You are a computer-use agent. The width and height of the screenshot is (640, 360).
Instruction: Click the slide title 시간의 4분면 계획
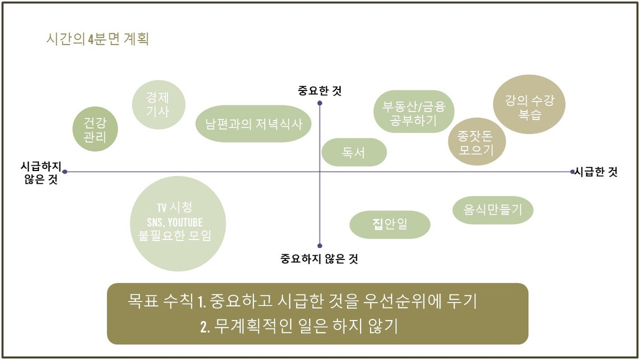(98, 39)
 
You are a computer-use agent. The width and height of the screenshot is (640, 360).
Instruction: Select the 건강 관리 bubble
(95, 129)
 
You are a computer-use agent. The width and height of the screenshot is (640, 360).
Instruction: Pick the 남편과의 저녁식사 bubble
(254, 124)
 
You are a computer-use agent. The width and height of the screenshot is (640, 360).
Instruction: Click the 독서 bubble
(354, 153)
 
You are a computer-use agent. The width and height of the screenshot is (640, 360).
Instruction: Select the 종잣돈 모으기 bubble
(476, 142)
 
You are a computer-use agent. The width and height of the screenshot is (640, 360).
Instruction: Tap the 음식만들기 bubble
(493, 210)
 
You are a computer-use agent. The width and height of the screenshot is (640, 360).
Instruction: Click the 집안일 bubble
(390, 225)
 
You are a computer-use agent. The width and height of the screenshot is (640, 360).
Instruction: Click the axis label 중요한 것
(320, 91)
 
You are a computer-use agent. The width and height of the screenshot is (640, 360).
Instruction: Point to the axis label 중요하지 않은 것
(319, 258)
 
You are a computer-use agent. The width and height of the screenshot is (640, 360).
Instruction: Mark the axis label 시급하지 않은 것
(41, 172)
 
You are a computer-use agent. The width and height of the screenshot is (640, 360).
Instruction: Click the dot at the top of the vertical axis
(320, 103)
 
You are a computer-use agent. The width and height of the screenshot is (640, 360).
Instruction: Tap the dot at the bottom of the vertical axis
(320, 245)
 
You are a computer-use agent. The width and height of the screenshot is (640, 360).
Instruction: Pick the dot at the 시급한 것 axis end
(573, 172)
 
